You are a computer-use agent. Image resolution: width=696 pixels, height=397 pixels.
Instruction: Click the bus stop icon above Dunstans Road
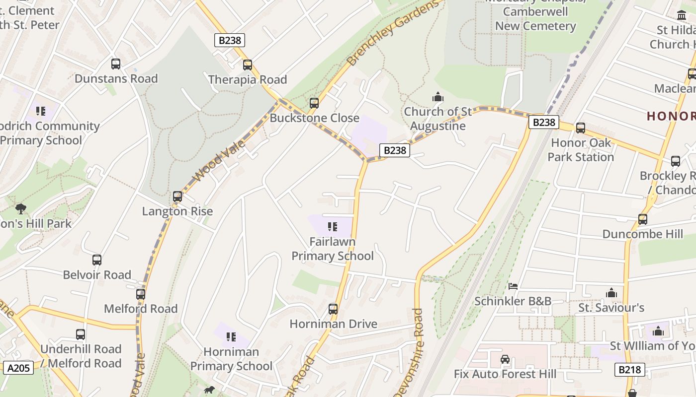coord(116,64)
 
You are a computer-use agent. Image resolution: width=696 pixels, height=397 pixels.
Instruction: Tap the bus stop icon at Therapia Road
coord(248,65)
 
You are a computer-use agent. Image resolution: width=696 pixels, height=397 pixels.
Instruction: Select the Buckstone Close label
coord(314,118)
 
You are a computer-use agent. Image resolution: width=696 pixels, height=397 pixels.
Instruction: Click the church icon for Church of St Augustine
coord(437,97)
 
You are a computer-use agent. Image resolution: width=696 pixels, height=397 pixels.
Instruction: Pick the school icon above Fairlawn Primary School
coord(333,227)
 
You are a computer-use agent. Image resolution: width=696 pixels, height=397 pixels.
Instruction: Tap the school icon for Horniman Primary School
coord(231,337)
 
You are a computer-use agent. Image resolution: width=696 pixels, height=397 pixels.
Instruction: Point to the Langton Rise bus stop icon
coord(177,197)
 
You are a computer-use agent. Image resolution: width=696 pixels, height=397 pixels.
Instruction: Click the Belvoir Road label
coord(97,274)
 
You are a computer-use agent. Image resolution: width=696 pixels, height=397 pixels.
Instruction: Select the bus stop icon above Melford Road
coord(141,294)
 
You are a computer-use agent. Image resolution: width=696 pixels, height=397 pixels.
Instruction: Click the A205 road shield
coord(19,368)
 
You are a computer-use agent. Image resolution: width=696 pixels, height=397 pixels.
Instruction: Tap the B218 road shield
coord(630,369)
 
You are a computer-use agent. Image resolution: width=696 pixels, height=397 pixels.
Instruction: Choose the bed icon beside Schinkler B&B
coord(513,286)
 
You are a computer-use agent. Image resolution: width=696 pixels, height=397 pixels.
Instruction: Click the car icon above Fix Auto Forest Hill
coord(505,359)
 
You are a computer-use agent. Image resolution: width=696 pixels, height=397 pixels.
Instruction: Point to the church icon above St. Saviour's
coord(611,293)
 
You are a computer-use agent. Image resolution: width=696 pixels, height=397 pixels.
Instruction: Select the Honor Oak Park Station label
coord(581,150)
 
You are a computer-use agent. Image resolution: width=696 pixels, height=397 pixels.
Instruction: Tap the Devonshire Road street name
coord(417,352)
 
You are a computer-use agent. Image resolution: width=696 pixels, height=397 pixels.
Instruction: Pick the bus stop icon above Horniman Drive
coord(333,309)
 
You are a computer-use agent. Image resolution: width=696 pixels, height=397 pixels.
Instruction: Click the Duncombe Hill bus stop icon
coord(643,219)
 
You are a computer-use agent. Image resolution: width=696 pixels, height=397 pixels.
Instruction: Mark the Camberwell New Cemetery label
coord(535,18)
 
